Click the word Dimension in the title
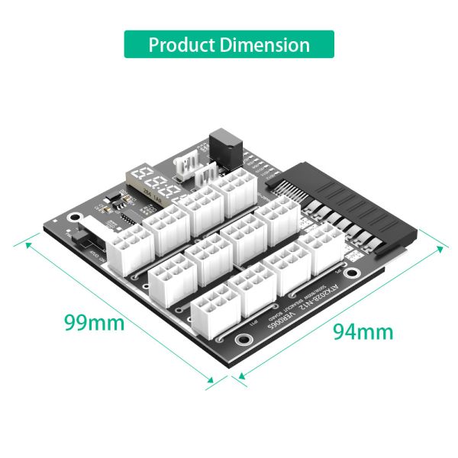click(267, 44)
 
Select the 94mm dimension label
click(363, 331)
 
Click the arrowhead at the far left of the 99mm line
click(28, 245)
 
